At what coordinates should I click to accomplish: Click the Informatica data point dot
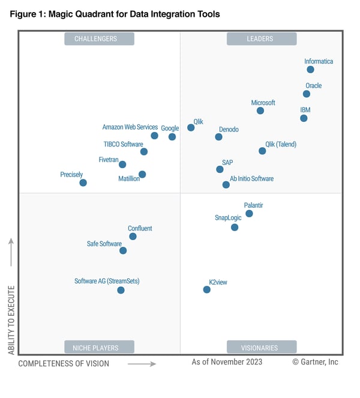click(x=310, y=70)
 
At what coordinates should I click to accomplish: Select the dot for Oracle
click(x=307, y=94)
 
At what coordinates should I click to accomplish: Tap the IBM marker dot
click(x=304, y=118)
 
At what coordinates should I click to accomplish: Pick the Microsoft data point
click(x=260, y=110)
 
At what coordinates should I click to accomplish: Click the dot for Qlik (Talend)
click(x=262, y=151)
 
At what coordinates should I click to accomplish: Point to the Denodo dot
click(x=218, y=137)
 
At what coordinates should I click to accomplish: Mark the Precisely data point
click(x=83, y=182)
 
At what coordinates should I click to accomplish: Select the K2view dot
click(x=207, y=289)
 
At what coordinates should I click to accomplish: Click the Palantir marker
click(x=249, y=213)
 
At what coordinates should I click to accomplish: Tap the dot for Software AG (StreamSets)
click(x=121, y=290)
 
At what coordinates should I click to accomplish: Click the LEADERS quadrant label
click(x=261, y=39)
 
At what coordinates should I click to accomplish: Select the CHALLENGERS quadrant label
click(x=99, y=39)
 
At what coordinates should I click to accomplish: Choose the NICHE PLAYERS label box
click(x=99, y=347)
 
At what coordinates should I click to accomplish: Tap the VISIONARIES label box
click(x=261, y=347)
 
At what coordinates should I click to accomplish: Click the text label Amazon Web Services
click(x=130, y=127)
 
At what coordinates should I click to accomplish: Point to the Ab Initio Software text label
click(x=252, y=179)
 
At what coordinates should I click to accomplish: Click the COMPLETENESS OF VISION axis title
click(x=64, y=363)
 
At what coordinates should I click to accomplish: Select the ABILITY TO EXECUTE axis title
click(x=11, y=320)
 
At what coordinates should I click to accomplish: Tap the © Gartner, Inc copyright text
click(x=315, y=362)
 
